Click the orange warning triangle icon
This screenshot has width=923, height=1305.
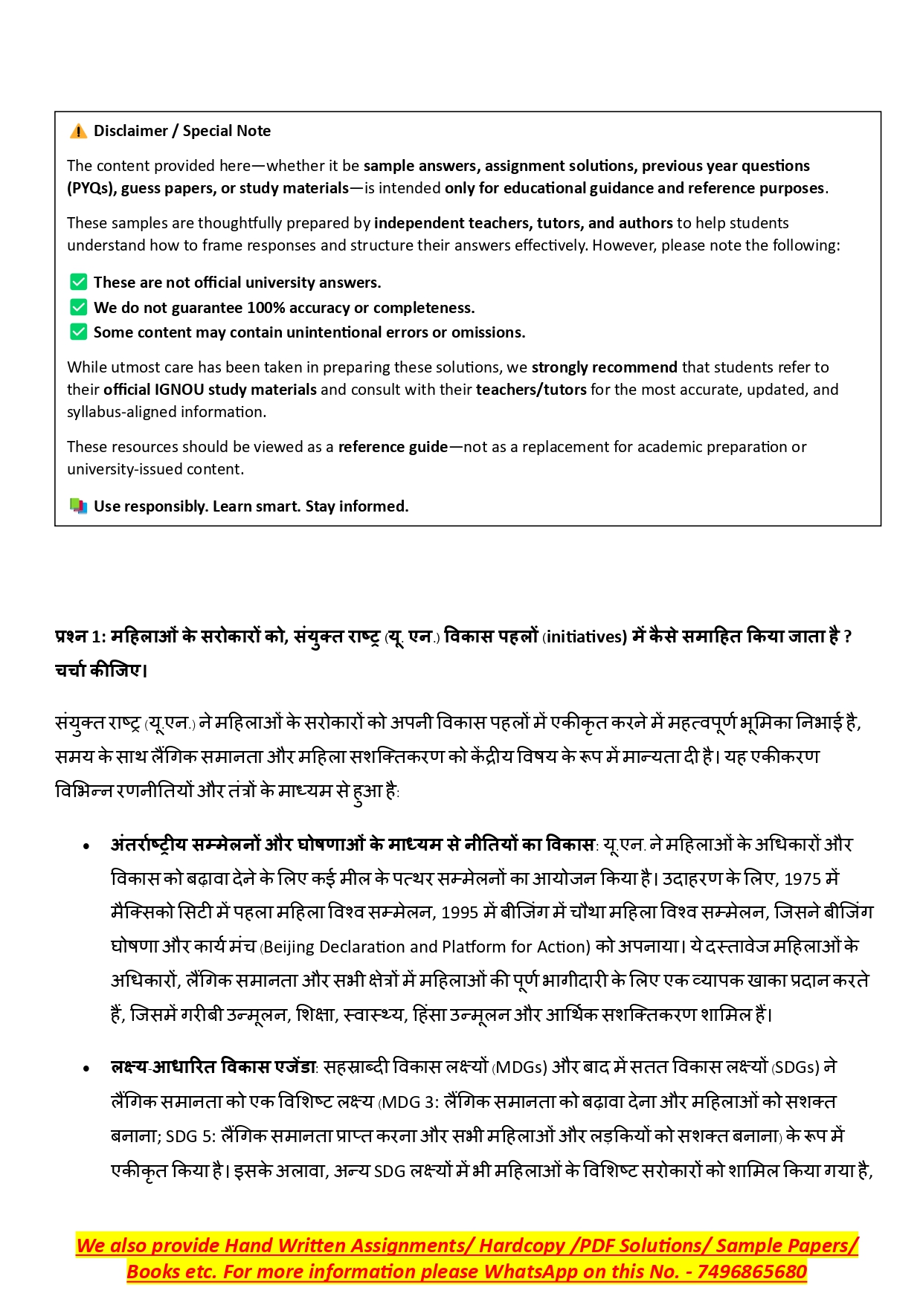point(78,132)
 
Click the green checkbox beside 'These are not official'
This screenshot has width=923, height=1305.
point(78,282)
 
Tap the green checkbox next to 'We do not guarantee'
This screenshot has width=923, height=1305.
point(78,307)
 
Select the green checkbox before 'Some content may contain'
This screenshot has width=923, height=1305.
point(78,332)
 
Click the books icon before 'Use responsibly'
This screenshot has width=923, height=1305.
point(78,506)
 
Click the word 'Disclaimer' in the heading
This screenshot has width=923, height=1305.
point(131,131)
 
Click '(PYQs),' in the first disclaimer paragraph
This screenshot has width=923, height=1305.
point(91,188)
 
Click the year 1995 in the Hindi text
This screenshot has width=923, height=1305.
point(459,913)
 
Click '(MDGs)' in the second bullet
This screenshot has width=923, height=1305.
point(520,1068)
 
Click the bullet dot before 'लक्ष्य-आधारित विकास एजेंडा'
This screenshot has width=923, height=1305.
point(87,1069)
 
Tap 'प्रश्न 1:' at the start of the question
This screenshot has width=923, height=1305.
point(81,637)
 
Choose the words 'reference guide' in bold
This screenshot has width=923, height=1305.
point(393,447)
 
